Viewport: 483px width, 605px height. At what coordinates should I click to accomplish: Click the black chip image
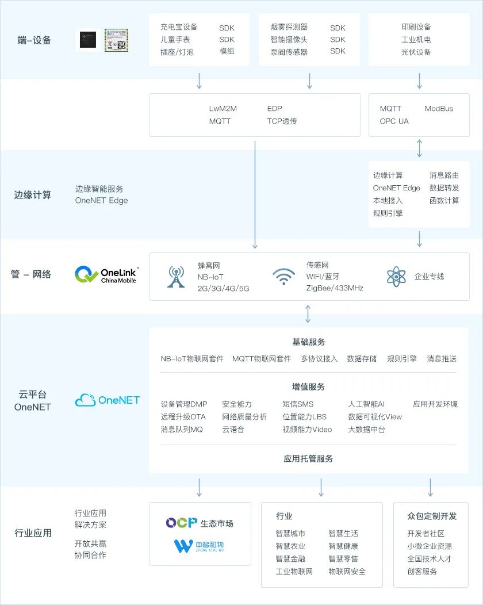point(86,40)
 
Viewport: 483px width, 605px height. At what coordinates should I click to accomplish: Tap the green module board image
point(116,40)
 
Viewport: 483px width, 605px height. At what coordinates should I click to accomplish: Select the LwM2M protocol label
point(223,109)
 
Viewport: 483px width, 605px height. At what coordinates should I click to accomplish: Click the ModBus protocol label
point(439,109)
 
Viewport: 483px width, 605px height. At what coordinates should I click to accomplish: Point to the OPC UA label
point(394,121)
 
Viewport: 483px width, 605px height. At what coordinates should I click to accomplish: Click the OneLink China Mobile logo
point(107,275)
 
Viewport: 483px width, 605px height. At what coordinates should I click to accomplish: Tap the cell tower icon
point(176,277)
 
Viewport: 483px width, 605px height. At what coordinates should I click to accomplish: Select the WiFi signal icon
point(283,277)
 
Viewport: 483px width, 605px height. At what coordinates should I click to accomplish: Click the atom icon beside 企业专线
point(396,277)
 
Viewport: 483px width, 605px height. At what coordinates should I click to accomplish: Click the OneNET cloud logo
point(108,400)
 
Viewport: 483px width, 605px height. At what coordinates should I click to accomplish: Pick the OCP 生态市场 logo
point(200,523)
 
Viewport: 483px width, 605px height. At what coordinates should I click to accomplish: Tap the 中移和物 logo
point(199,546)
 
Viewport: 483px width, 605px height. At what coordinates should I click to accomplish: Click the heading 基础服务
point(309,342)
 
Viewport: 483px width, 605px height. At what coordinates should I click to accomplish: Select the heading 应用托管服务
point(308,459)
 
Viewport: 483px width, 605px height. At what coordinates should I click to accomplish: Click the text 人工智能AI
point(366,404)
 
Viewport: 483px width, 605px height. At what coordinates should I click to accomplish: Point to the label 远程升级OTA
point(183,417)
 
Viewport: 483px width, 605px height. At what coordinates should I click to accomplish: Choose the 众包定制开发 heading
point(432,516)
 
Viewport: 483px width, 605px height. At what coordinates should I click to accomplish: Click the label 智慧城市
point(290,534)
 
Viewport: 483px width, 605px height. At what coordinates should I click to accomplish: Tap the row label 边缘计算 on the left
point(33,195)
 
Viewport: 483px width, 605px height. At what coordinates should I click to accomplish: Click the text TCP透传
point(282,121)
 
